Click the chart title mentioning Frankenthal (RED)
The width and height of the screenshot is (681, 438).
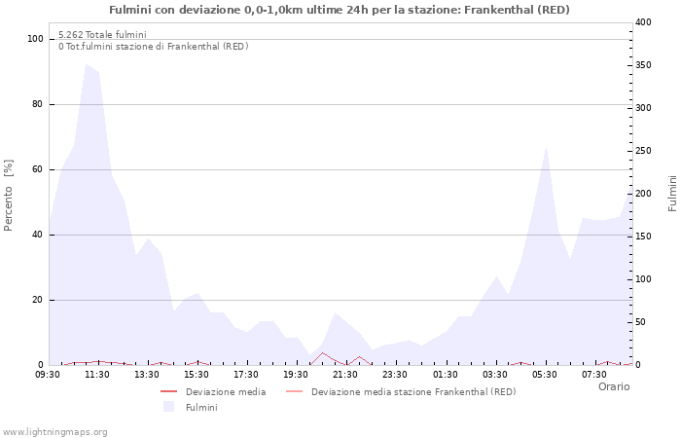pos(340,10)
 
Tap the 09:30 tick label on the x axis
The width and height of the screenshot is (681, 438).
pos(49,374)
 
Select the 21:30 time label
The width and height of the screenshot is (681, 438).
pos(345,374)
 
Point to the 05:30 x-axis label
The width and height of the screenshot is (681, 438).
pos(544,374)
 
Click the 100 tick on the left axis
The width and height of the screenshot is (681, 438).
pos(36,39)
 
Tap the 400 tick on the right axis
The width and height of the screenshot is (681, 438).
pos(644,22)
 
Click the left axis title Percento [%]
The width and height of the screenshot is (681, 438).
pos(10,195)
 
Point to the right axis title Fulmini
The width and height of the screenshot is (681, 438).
pos(672,193)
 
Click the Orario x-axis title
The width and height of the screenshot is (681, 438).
pos(613,386)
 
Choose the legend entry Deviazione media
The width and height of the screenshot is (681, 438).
pos(225,392)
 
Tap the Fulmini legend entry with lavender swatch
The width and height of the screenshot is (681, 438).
pos(201,407)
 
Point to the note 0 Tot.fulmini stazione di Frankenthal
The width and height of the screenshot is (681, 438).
pos(153,47)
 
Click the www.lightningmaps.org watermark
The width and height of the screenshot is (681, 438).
pos(54,431)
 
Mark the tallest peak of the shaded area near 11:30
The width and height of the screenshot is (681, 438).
pos(87,64)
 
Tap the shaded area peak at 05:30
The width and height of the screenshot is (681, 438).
pos(547,148)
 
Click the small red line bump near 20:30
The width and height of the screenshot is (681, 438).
pos(323,353)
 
